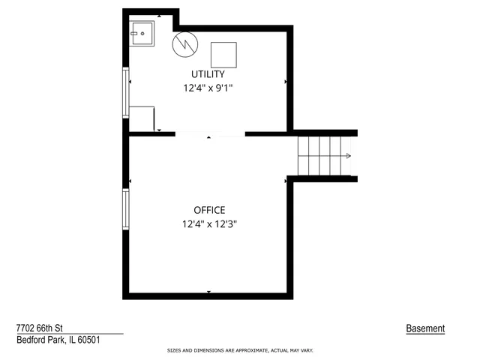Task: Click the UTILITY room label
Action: (x=208, y=73)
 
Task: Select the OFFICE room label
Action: (x=209, y=210)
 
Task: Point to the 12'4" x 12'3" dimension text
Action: (x=209, y=223)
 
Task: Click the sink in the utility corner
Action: (x=141, y=33)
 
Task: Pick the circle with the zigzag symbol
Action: (x=183, y=44)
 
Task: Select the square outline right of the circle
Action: (x=224, y=55)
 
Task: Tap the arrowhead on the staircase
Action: (x=349, y=156)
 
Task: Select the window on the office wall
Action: (x=126, y=211)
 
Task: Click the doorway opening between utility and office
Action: (x=210, y=134)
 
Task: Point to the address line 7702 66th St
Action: (x=42, y=328)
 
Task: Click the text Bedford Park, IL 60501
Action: (x=58, y=340)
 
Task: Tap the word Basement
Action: (x=425, y=328)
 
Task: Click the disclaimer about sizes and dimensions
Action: (x=239, y=350)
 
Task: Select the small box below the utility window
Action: (x=143, y=118)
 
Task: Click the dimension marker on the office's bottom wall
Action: (x=209, y=292)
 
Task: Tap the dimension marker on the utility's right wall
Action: (x=285, y=81)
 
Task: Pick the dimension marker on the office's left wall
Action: (x=130, y=181)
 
